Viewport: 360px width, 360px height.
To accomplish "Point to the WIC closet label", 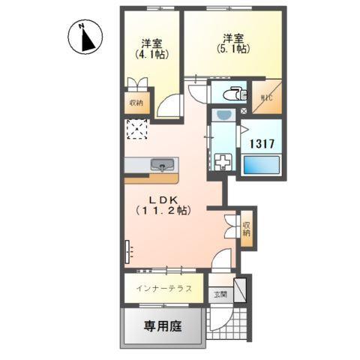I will pos(267,97).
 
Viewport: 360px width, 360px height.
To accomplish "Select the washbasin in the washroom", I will pos(223,115).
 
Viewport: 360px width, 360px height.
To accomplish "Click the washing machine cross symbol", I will pos(223,161).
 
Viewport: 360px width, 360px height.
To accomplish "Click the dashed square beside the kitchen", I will pos(137,129).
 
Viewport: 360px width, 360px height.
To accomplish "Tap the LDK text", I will pos(160,199).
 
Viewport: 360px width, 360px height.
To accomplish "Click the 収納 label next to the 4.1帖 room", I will pos(137,103).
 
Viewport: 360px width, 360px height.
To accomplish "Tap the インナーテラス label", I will pos(164,289).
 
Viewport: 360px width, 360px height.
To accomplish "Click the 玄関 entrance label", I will pos(219,294).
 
